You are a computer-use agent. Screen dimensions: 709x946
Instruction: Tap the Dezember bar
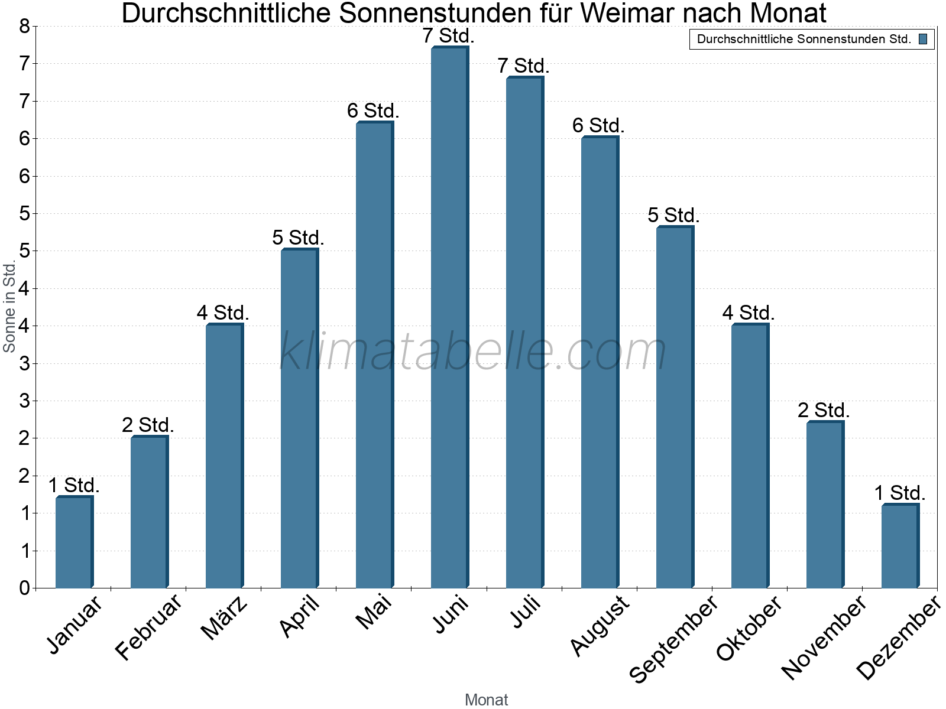click(x=900, y=546)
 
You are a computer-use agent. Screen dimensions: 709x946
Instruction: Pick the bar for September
click(x=675, y=408)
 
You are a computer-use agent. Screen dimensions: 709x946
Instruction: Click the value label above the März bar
click(x=223, y=313)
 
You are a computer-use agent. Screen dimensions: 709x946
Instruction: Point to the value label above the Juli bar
click(x=523, y=66)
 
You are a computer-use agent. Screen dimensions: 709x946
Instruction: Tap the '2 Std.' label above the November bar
click(x=824, y=410)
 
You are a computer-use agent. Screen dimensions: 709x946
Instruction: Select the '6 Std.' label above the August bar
click(x=598, y=125)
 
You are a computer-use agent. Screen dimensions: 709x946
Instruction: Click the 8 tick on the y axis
click(x=24, y=26)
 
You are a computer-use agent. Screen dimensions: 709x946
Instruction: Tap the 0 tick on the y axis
click(x=24, y=588)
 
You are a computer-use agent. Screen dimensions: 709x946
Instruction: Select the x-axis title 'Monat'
click(x=486, y=700)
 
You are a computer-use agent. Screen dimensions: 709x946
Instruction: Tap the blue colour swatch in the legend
click(x=923, y=40)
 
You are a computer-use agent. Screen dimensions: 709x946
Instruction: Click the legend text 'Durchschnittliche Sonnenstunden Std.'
click(x=804, y=40)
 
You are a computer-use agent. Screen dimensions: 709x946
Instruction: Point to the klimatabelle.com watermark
click(x=473, y=352)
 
